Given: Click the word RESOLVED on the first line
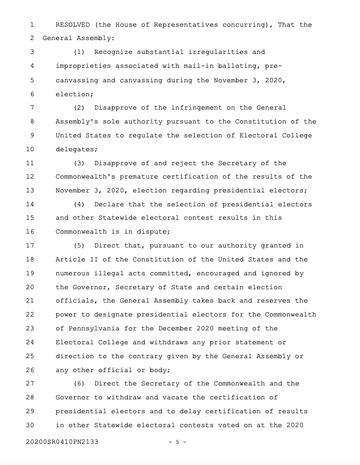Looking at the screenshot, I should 74,25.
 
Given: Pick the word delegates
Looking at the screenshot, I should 76,149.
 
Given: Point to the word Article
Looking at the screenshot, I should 70,259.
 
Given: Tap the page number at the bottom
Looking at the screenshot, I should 177,443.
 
